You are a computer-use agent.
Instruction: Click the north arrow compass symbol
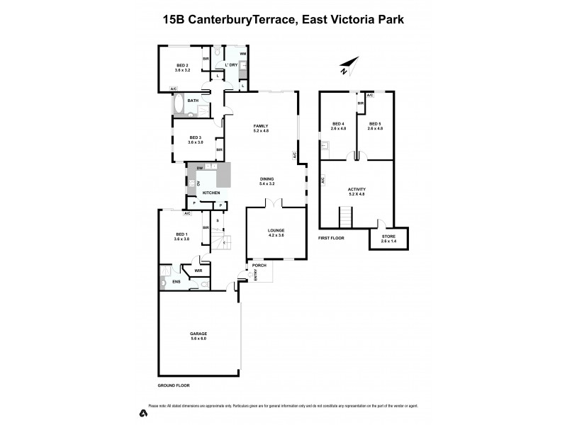click(x=344, y=67)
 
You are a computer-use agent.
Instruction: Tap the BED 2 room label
click(x=184, y=66)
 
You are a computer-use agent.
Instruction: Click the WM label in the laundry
click(x=242, y=55)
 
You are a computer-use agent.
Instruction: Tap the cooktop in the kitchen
click(x=191, y=183)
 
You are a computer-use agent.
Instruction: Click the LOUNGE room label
click(x=276, y=229)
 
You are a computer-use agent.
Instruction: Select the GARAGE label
click(x=198, y=334)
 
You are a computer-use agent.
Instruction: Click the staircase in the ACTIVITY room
click(x=346, y=215)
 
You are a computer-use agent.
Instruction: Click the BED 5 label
click(x=375, y=125)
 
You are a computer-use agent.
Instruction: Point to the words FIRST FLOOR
click(x=331, y=238)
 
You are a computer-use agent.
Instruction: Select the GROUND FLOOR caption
click(x=174, y=385)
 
